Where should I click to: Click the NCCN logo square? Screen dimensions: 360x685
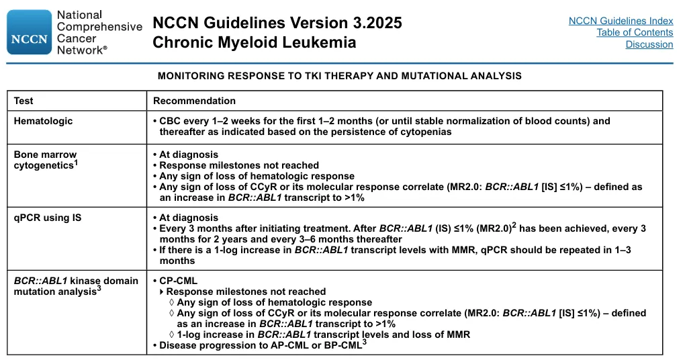(x=29, y=32)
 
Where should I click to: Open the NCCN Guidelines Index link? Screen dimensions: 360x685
(x=621, y=21)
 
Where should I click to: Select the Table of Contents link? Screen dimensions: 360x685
(x=634, y=32)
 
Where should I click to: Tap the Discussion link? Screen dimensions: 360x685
(x=649, y=44)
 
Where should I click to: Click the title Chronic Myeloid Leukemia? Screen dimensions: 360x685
(x=254, y=43)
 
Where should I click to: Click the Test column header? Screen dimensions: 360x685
(x=24, y=101)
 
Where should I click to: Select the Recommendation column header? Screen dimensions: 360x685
(x=194, y=101)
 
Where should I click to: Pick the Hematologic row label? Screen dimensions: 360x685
(x=43, y=121)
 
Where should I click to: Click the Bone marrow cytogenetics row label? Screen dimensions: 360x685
(x=46, y=160)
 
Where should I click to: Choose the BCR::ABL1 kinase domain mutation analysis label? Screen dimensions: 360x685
(x=76, y=286)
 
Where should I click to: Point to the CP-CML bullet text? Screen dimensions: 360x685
(x=178, y=281)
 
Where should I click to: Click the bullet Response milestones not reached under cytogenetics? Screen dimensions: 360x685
(x=238, y=165)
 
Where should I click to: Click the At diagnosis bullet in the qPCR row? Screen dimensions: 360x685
(x=188, y=218)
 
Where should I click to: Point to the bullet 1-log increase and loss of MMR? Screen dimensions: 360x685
(x=323, y=334)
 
